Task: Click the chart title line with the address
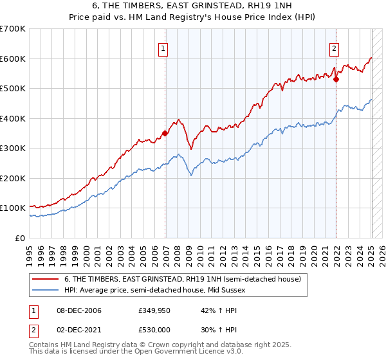[192, 6]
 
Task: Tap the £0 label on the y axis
[19, 238]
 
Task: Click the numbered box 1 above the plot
[163, 48]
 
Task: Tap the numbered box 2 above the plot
[335, 48]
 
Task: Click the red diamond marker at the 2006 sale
[165, 133]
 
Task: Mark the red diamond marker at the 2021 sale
[336, 80]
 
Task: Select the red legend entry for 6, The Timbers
[182, 279]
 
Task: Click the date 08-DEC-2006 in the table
[79, 310]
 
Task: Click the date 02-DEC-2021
[79, 329]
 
